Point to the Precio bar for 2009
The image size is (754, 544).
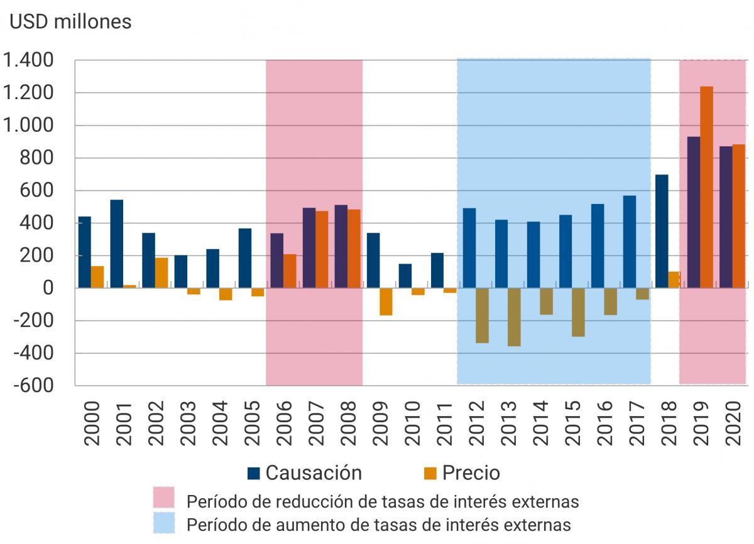point(386,302)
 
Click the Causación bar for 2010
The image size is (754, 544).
point(405,275)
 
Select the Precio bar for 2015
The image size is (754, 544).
point(578,312)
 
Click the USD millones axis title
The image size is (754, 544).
point(70,22)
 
